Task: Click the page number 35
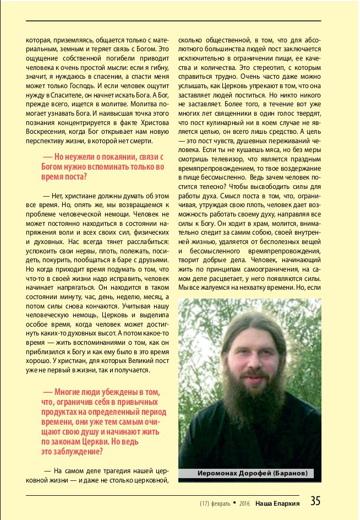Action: (x=315, y=501)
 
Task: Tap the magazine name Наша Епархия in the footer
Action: (x=277, y=503)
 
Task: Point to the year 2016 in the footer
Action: (x=245, y=503)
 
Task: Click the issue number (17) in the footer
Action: (x=204, y=503)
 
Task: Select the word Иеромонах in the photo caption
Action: (x=218, y=473)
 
